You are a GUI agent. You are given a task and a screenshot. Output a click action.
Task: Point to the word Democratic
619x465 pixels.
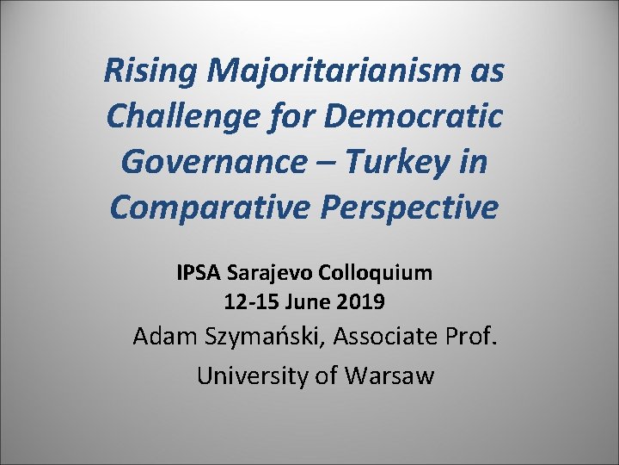click(x=412, y=115)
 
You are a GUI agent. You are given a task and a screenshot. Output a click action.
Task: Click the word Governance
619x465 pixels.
click(x=207, y=161)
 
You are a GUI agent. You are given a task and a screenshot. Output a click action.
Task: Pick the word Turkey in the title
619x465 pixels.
click(x=403, y=161)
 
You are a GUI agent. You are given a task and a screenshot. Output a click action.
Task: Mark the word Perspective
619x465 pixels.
click(x=403, y=207)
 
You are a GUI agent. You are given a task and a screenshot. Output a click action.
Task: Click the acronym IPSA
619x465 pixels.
click(x=199, y=273)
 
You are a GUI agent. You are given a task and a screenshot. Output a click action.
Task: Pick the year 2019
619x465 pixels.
click(x=361, y=302)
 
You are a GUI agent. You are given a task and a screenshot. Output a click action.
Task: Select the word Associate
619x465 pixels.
click(x=384, y=336)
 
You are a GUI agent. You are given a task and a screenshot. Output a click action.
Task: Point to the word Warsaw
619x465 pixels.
click(x=389, y=376)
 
